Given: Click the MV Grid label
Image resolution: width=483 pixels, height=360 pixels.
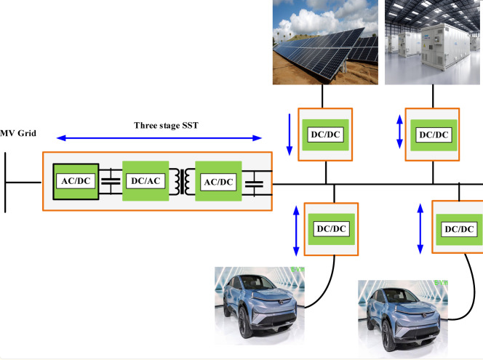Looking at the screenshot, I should [x=19, y=135].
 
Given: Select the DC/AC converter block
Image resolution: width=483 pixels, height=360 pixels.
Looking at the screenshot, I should [x=145, y=180].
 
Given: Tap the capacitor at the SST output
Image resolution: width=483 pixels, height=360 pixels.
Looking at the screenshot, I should [x=254, y=181].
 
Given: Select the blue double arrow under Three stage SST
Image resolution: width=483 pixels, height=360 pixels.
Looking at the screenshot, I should [x=159, y=137].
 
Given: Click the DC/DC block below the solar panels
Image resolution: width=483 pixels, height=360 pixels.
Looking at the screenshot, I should [x=325, y=135].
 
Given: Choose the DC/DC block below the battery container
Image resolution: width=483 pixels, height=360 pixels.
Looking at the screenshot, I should [x=432, y=135].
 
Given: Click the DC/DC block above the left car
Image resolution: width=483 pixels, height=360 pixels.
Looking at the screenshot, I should [x=334, y=228].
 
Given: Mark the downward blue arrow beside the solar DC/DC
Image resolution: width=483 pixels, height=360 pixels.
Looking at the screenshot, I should [x=290, y=133].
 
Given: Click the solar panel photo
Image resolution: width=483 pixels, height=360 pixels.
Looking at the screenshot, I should [x=324, y=42].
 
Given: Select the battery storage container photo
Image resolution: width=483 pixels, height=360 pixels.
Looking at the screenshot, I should [x=434, y=42].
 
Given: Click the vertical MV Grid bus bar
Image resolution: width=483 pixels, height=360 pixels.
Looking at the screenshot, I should [x=6, y=182].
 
